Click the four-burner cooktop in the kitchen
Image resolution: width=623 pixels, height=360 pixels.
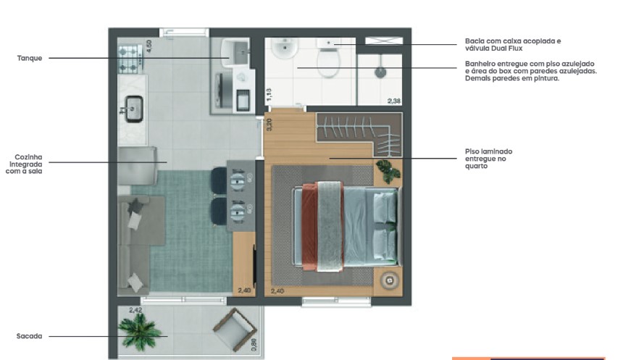[x=131, y=59]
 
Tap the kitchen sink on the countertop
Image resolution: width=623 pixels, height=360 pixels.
[x=134, y=109]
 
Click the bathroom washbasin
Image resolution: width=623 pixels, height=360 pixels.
[x=283, y=51]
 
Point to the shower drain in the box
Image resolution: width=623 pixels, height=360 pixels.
[x=379, y=72]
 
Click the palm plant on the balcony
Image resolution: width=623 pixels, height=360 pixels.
[x=140, y=332]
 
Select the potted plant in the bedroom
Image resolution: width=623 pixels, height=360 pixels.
[x=388, y=171]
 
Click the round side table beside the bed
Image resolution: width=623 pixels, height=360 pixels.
[x=388, y=280]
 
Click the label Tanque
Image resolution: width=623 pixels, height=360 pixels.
[x=30, y=58]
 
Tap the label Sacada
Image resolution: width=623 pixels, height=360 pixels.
[x=29, y=336]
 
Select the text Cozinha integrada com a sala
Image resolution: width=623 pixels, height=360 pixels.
[x=30, y=164]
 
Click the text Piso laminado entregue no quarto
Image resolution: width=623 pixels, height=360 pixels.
[x=493, y=159]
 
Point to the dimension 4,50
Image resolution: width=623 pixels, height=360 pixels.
[x=149, y=45]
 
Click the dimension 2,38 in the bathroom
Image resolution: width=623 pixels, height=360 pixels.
[x=393, y=101]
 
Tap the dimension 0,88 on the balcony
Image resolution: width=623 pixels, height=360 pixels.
[x=254, y=345]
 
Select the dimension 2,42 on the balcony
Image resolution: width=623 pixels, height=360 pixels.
[x=135, y=310]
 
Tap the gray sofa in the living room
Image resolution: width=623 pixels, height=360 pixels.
[x=134, y=243]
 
